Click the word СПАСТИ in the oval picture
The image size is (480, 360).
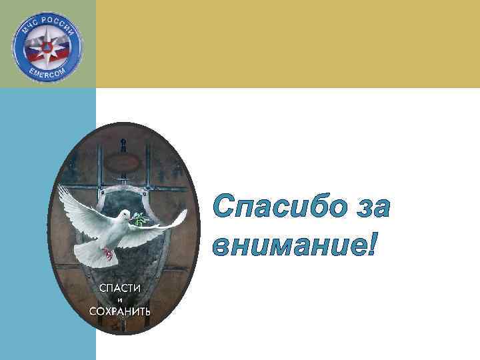coord(120,287)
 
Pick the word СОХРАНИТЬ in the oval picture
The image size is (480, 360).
coord(120,311)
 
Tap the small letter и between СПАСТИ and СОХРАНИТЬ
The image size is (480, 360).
coord(120,299)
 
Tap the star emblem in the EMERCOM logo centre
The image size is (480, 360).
coord(47,47)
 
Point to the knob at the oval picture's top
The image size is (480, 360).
coord(123,141)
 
